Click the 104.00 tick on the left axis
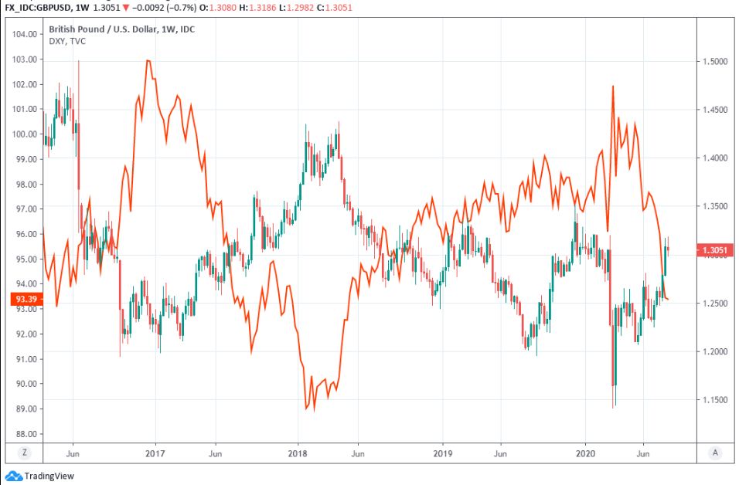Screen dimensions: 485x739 tap(25, 34)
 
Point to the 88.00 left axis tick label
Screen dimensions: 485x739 tap(25, 434)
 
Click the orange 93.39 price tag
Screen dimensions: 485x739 tap(25, 299)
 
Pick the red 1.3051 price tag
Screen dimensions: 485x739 tap(716, 250)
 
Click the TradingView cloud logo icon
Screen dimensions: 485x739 tap(13, 476)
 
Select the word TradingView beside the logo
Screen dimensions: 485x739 tap(49, 477)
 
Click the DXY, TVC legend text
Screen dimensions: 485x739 tap(67, 41)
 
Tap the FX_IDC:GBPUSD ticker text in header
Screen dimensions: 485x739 tap(38, 6)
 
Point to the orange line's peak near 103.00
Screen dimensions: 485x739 tap(148, 60)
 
